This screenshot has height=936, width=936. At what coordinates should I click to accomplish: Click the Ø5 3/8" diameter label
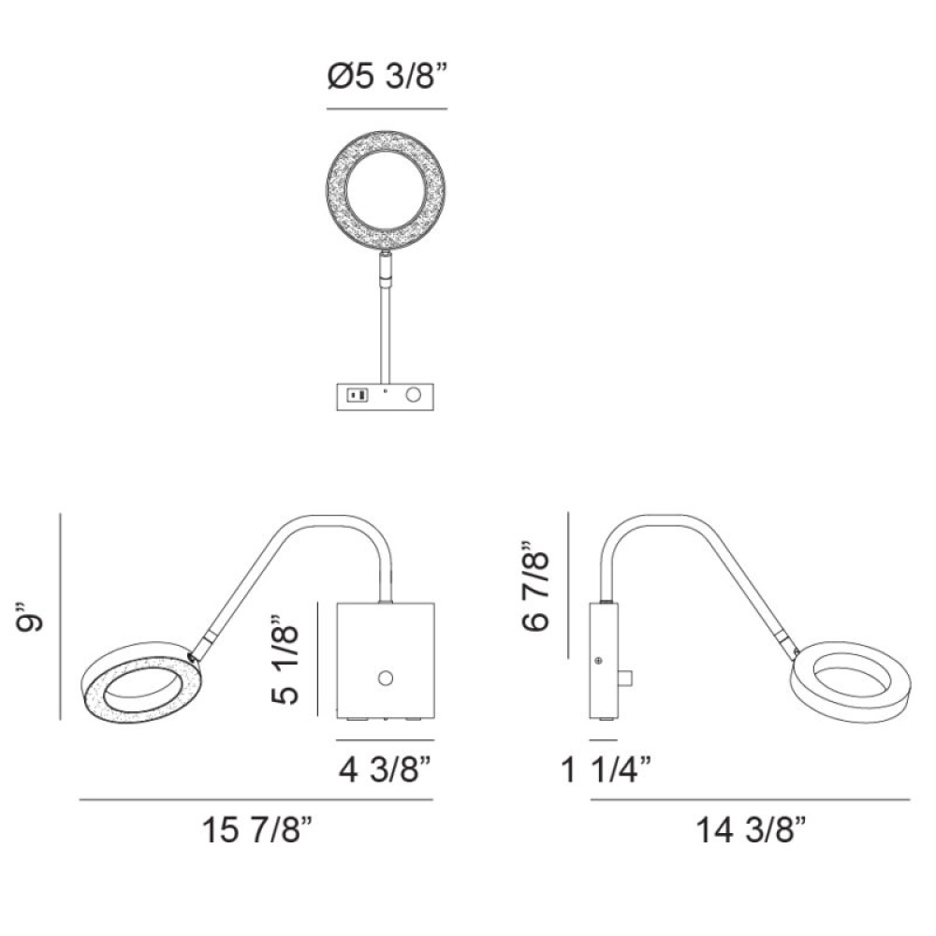388,77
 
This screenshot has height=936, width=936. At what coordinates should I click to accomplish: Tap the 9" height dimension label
29,617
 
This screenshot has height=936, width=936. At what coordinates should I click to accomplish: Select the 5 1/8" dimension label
285,658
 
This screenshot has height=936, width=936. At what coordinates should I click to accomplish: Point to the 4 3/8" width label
385,770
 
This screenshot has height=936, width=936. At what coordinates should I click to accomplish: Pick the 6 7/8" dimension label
534,586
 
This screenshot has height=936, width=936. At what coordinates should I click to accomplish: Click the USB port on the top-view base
358,395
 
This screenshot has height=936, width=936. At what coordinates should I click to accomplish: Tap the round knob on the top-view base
413,395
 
